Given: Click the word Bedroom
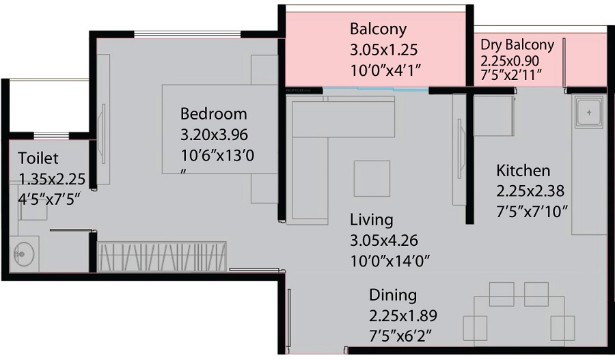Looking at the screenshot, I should coord(213,113).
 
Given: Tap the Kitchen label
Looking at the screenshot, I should coord(523,170).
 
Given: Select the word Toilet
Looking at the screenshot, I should coord(38,158).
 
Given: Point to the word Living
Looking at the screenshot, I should coord(371,220).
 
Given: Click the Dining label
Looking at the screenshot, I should coord(393,295).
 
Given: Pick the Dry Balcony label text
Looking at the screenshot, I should coord(517,45).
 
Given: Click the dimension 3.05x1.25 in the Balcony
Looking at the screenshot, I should coord(383,50).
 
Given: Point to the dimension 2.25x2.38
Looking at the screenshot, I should coord(530,191).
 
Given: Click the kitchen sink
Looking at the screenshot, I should coord(588,113).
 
